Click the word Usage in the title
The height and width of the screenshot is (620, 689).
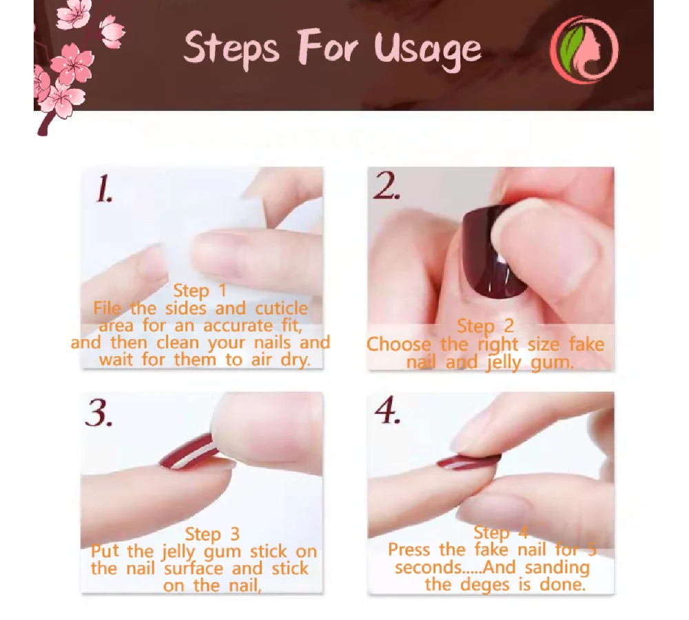428,49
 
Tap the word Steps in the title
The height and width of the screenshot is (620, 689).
232,48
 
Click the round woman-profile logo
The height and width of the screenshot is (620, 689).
584,50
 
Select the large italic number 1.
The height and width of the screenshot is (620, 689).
104,189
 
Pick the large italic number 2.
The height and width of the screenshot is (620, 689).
387,186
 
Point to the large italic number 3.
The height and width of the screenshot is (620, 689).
99,413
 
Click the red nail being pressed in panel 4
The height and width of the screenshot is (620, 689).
468,462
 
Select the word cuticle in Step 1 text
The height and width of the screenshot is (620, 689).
281,309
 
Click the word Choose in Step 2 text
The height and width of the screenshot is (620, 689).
398,344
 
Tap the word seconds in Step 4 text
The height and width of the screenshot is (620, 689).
428,568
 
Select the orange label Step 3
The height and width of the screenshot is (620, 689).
212,535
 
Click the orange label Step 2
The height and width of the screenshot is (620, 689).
485,327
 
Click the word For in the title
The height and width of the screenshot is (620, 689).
327,45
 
